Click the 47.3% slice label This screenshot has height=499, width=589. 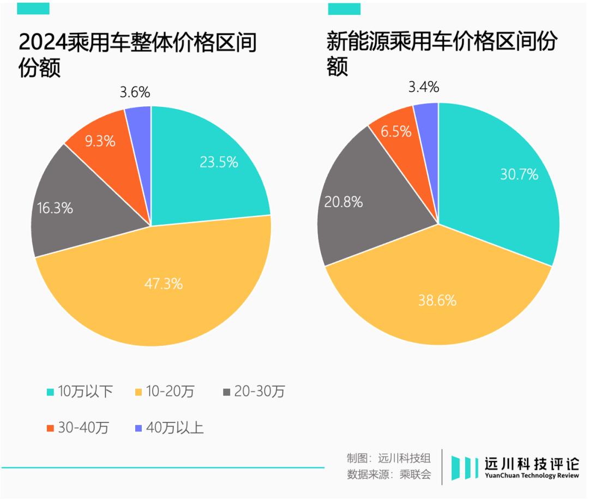(164, 284)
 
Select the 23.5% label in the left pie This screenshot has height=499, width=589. (219, 162)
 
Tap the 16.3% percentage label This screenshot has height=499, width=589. (55, 208)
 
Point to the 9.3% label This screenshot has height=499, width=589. (100, 141)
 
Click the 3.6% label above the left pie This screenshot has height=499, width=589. (135, 92)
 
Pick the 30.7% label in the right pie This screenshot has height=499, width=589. (519, 174)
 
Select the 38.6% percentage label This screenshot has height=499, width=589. (437, 300)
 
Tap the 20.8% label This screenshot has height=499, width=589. (344, 202)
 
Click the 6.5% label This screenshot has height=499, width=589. (396, 131)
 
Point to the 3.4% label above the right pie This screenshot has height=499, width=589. (423, 87)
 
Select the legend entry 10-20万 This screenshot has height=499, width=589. (164, 392)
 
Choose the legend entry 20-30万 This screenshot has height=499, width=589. (254, 392)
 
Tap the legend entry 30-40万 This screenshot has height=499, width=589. (78, 428)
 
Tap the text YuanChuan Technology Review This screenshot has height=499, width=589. (532, 476)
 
